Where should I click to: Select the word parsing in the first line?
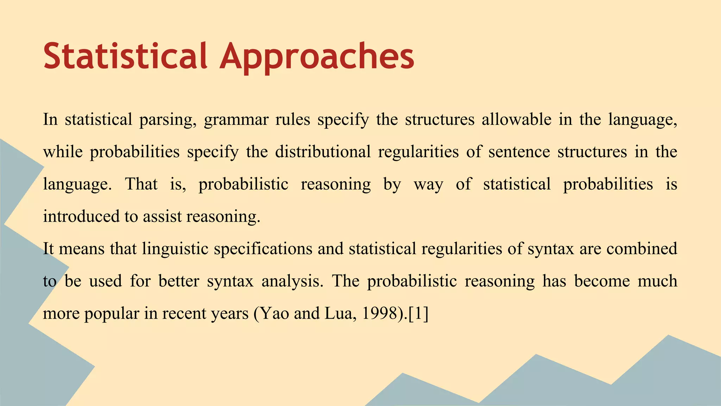point(168,120)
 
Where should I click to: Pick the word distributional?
point(322,152)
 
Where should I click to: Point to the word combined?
point(641,248)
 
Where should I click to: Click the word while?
point(63,152)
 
